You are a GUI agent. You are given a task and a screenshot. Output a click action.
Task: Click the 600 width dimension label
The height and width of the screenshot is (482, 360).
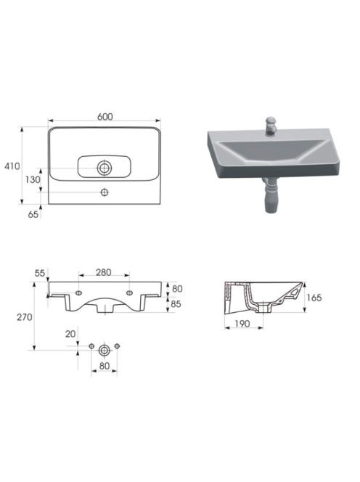pyautogui.click(x=105, y=117)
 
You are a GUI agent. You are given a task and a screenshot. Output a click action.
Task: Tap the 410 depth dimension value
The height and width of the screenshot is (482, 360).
pyautogui.click(x=12, y=166)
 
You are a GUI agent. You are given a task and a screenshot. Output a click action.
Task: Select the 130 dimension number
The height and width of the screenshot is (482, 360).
pyautogui.click(x=33, y=179)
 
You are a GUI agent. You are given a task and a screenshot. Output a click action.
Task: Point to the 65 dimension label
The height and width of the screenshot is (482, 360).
pyautogui.click(x=33, y=215)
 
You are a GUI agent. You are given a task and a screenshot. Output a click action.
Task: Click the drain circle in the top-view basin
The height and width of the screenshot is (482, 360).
pyautogui.click(x=105, y=168)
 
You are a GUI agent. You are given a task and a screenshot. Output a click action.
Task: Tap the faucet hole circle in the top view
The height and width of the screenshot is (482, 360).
pyautogui.click(x=105, y=192)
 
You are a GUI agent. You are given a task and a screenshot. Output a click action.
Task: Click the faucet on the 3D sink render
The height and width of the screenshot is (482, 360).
pyautogui.click(x=271, y=126)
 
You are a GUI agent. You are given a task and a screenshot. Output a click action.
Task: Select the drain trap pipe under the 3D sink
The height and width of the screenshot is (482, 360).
pyautogui.click(x=270, y=195)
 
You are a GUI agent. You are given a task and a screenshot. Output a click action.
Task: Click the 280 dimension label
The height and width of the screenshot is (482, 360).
pyautogui.click(x=103, y=272)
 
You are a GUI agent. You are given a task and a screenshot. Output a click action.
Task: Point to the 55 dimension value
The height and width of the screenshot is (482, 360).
pyautogui.click(x=40, y=273)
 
